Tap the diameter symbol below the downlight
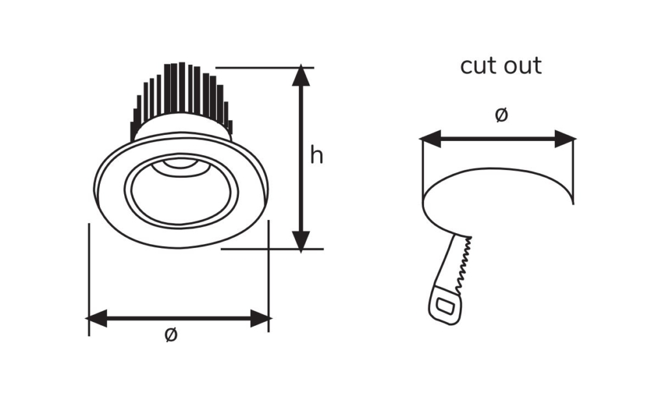tap(171, 335)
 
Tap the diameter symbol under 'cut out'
tap(501, 115)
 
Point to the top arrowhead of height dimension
tap(301, 75)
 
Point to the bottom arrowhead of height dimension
tap(301, 241)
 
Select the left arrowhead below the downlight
tap(96, 318)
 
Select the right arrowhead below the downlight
tap(260, 318)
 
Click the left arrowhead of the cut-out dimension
tap(429, 139)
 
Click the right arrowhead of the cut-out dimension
tap(565, 139)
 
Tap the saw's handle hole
tap(446, 306)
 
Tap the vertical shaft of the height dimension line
tap(301, 158)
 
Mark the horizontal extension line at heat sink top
tap(264, 68)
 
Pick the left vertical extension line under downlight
tap(89, 280)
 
